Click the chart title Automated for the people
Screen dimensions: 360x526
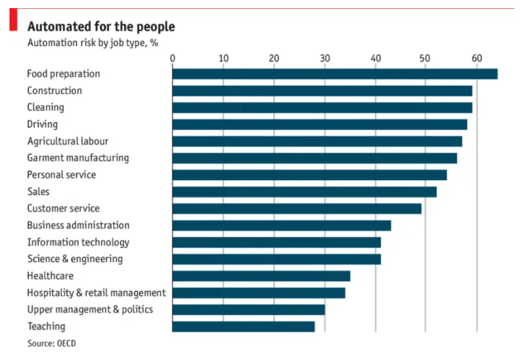[x=100, y=26]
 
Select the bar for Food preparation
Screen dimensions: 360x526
[x=335, y=74]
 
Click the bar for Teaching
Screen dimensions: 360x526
[x=243, y=327]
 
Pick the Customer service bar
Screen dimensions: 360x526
[x=297, y=209]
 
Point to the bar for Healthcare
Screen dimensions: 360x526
[x=261, y=276]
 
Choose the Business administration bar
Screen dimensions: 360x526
[x=281, y=226]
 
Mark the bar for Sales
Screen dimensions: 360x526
[x=304, y=192]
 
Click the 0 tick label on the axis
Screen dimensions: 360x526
[x=173, y=58]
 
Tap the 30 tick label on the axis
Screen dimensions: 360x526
[x=325, y=58]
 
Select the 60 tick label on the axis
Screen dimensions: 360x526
[x=477, y=58]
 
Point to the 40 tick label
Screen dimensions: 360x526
[x=376, y=58]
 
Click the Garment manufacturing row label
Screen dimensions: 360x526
[x=77, y=158]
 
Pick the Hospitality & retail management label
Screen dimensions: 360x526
[x=96, y=293]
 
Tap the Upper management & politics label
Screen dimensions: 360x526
[x=89, y=310]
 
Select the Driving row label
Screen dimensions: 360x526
[x=42, y=124]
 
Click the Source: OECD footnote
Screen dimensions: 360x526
[x=52, y=344]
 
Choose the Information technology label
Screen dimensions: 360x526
[x=78, y=242]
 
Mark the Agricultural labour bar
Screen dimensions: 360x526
[x=317, y=141]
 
